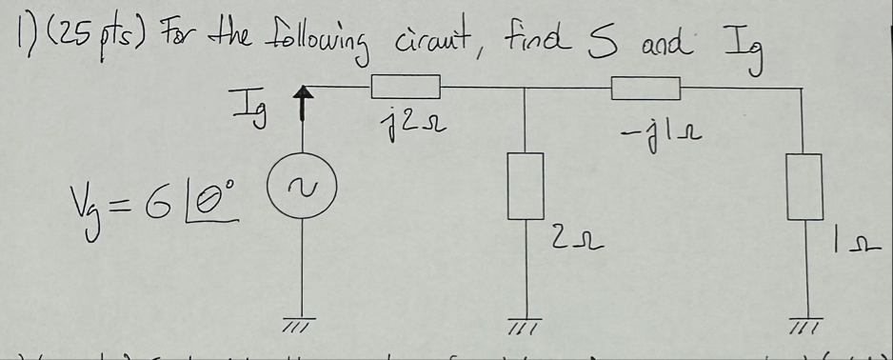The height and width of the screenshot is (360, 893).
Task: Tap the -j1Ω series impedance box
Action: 646,89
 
